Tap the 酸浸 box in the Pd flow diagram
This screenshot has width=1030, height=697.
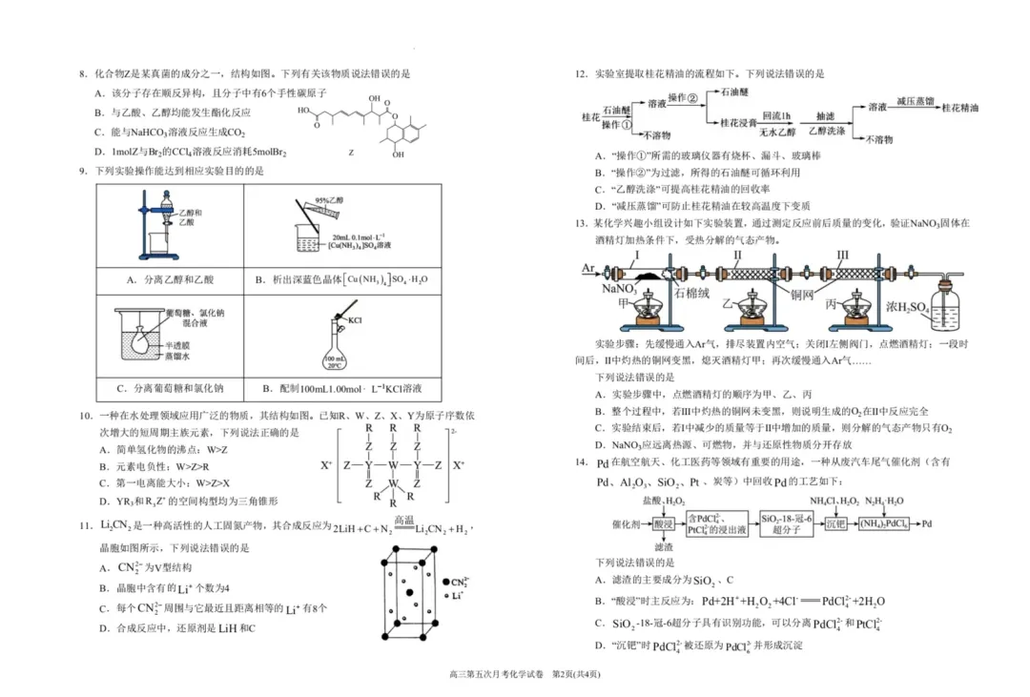coord(664,523)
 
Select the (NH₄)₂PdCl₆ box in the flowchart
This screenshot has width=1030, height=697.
coord(868,523)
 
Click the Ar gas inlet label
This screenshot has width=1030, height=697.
coord(587,269)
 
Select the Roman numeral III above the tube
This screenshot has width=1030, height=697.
coord(842,256)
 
